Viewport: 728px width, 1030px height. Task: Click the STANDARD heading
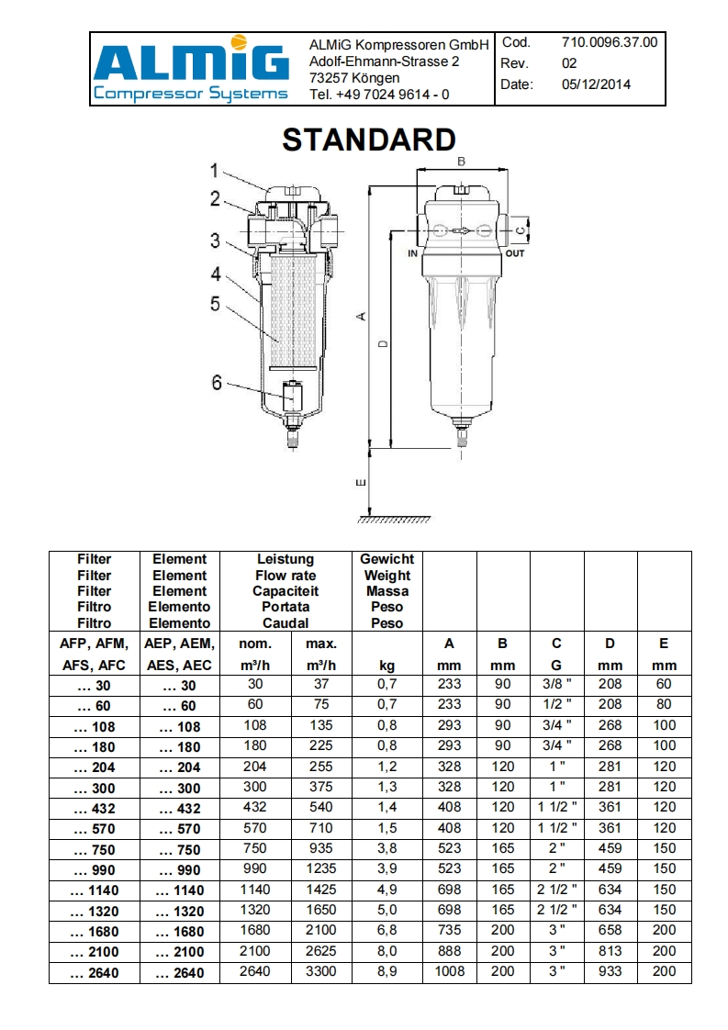coord(368,140)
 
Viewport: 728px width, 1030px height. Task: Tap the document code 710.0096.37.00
coord(609,42)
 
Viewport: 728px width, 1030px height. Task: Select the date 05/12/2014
coord(596,84)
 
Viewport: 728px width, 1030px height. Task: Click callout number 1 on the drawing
coord(214,170)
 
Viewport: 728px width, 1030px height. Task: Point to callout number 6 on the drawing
coord(218,383)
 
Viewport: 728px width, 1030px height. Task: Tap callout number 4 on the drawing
coord(215,274)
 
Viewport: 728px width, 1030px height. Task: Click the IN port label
coord(412,253)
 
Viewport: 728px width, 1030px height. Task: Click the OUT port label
coord(515,253)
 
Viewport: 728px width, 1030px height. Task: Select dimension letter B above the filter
coord(462,162)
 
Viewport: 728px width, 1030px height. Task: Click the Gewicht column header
coord(386,559)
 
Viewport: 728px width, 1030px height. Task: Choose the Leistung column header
coord(286,559)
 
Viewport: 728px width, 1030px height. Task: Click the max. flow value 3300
coord(320,971)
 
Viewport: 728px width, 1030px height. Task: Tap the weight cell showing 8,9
coord(386,971)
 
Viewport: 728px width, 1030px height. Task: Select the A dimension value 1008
coord(449,971)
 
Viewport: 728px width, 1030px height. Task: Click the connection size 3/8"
coord(556,684)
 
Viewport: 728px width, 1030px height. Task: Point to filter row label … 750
coord(94,849)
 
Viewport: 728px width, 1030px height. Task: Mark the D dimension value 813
coord(610,951)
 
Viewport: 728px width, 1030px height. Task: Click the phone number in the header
coord(379,95)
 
